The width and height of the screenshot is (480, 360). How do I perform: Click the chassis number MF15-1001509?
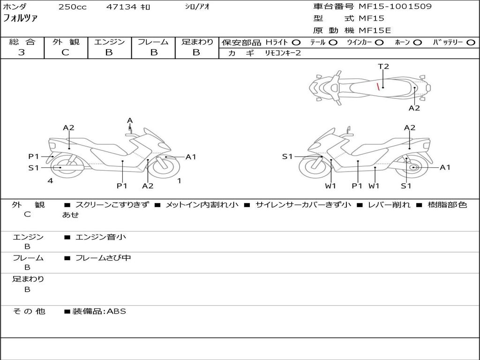395,7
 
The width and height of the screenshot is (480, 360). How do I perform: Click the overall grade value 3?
22,52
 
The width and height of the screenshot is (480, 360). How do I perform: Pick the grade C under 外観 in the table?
65,52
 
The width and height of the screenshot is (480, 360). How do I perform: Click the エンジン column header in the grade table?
109,42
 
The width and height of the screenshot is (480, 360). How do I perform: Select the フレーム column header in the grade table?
153,42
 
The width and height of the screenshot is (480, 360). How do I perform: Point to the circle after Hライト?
296,43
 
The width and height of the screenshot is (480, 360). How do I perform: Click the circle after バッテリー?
471,43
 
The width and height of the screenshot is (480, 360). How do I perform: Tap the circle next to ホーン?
418,43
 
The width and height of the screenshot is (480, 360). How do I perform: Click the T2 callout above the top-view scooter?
383,67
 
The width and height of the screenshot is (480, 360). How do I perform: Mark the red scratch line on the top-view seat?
378,86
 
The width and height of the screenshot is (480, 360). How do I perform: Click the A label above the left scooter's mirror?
130,120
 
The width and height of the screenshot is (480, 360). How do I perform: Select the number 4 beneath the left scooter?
50,180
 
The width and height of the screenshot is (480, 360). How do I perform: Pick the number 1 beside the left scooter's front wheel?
179,180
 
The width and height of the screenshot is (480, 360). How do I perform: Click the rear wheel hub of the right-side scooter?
413,167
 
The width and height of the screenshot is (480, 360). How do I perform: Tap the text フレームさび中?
103,258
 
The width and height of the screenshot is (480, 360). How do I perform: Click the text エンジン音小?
100,237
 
